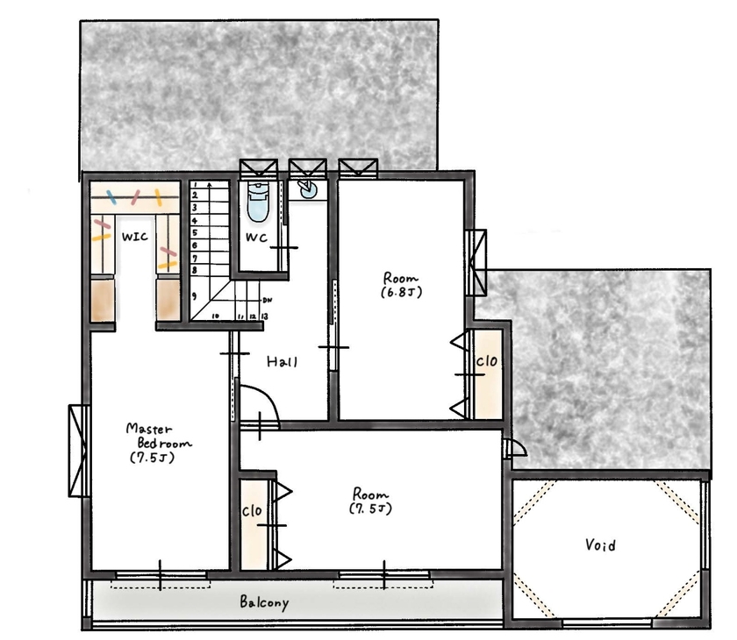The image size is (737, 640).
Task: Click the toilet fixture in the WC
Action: (258, 203)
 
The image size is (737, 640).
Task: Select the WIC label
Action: (135, 237)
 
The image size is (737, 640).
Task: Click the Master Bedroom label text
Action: (159, 442)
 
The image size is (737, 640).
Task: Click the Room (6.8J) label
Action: (403, 284)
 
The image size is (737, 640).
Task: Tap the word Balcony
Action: (264, 603)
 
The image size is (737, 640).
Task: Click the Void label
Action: (600, 545)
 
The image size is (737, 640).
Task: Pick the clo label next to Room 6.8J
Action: (487, 361)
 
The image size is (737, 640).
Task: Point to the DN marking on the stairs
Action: (267, 300)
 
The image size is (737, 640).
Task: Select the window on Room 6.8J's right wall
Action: (476, 262)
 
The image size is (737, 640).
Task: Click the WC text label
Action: (256, 238)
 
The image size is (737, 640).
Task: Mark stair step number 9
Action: (195, 296)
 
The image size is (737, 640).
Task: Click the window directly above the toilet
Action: (258, 167)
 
